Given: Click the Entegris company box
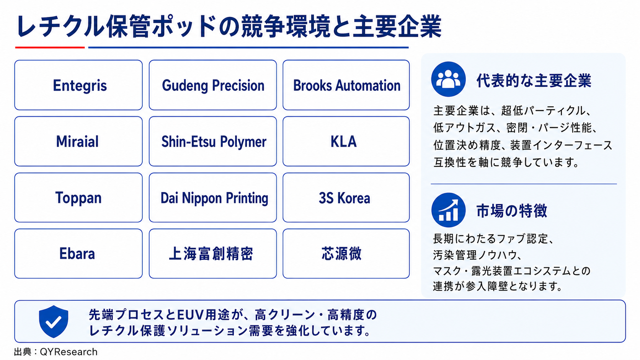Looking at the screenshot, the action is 78,85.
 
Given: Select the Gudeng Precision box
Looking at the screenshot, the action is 213,85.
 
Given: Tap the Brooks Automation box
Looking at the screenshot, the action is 346,85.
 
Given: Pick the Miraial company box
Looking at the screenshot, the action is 78,141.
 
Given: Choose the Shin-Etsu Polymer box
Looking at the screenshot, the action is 213,141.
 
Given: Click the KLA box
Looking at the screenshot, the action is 346,141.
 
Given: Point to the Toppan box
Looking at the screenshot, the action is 78,197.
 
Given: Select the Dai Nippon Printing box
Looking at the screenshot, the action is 213,197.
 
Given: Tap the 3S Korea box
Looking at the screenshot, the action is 346,197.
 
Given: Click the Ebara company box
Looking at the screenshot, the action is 78,254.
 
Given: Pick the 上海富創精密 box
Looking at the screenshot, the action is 213,254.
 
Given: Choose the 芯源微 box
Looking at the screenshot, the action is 346,254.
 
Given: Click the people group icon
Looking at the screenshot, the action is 448,79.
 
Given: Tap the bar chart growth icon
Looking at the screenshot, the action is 448,210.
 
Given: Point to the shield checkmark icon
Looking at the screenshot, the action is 54,321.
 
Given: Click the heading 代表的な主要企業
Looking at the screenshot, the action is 534,81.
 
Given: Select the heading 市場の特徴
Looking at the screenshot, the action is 511,211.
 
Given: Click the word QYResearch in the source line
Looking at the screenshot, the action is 69,352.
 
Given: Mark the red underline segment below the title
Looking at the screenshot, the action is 50,47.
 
